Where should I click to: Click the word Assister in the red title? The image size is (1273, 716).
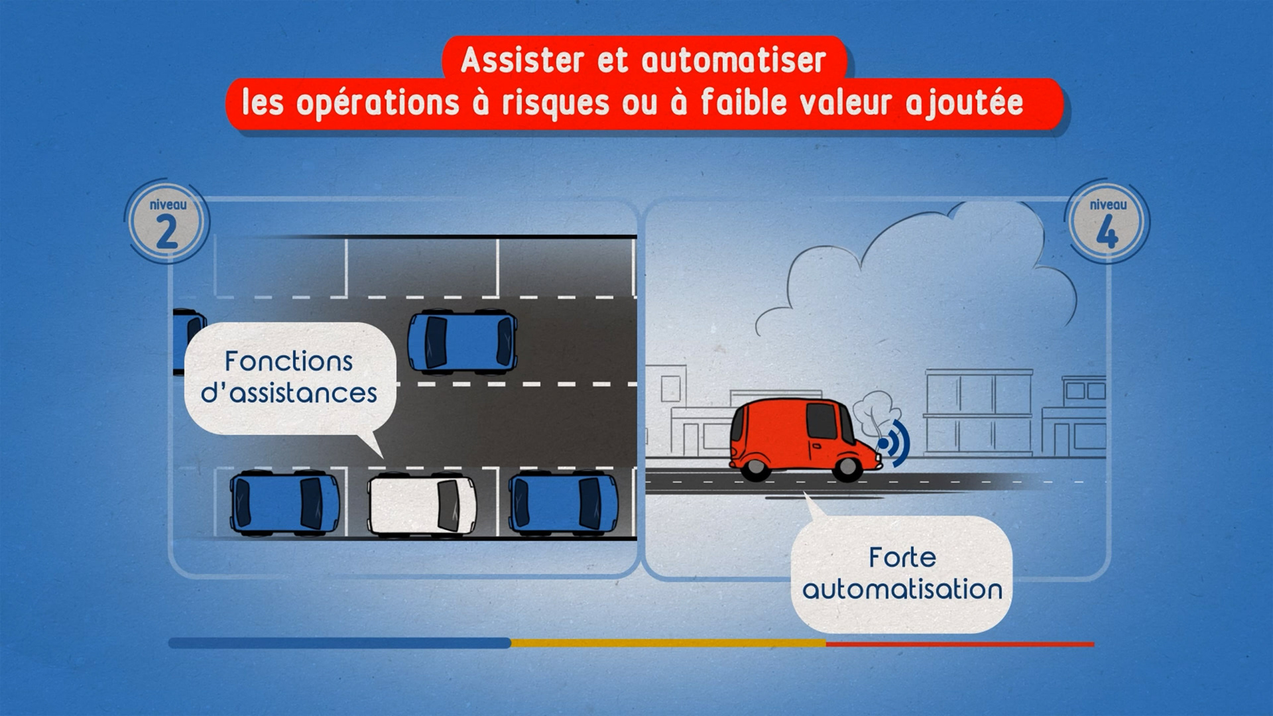(523, 61)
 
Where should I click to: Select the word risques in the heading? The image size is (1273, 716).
(555, 103)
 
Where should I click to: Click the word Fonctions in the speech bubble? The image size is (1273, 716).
(288, 362)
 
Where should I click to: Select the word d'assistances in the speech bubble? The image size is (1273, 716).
(288, 393)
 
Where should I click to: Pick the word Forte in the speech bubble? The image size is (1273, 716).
(902, 558)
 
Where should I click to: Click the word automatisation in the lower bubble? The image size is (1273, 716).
(902, 589)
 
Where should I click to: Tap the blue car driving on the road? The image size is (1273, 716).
(462, 342)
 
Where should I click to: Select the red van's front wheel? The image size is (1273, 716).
(847, 468)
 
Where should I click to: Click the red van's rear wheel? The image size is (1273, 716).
(754, 468)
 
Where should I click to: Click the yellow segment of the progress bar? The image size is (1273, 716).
(668, 643)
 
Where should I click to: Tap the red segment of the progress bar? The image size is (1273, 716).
(959, 644)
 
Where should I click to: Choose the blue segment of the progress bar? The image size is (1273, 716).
(339, 643)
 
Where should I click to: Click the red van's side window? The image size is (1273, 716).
(821, 422)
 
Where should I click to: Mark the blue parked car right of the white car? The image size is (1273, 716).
(563, 504)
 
